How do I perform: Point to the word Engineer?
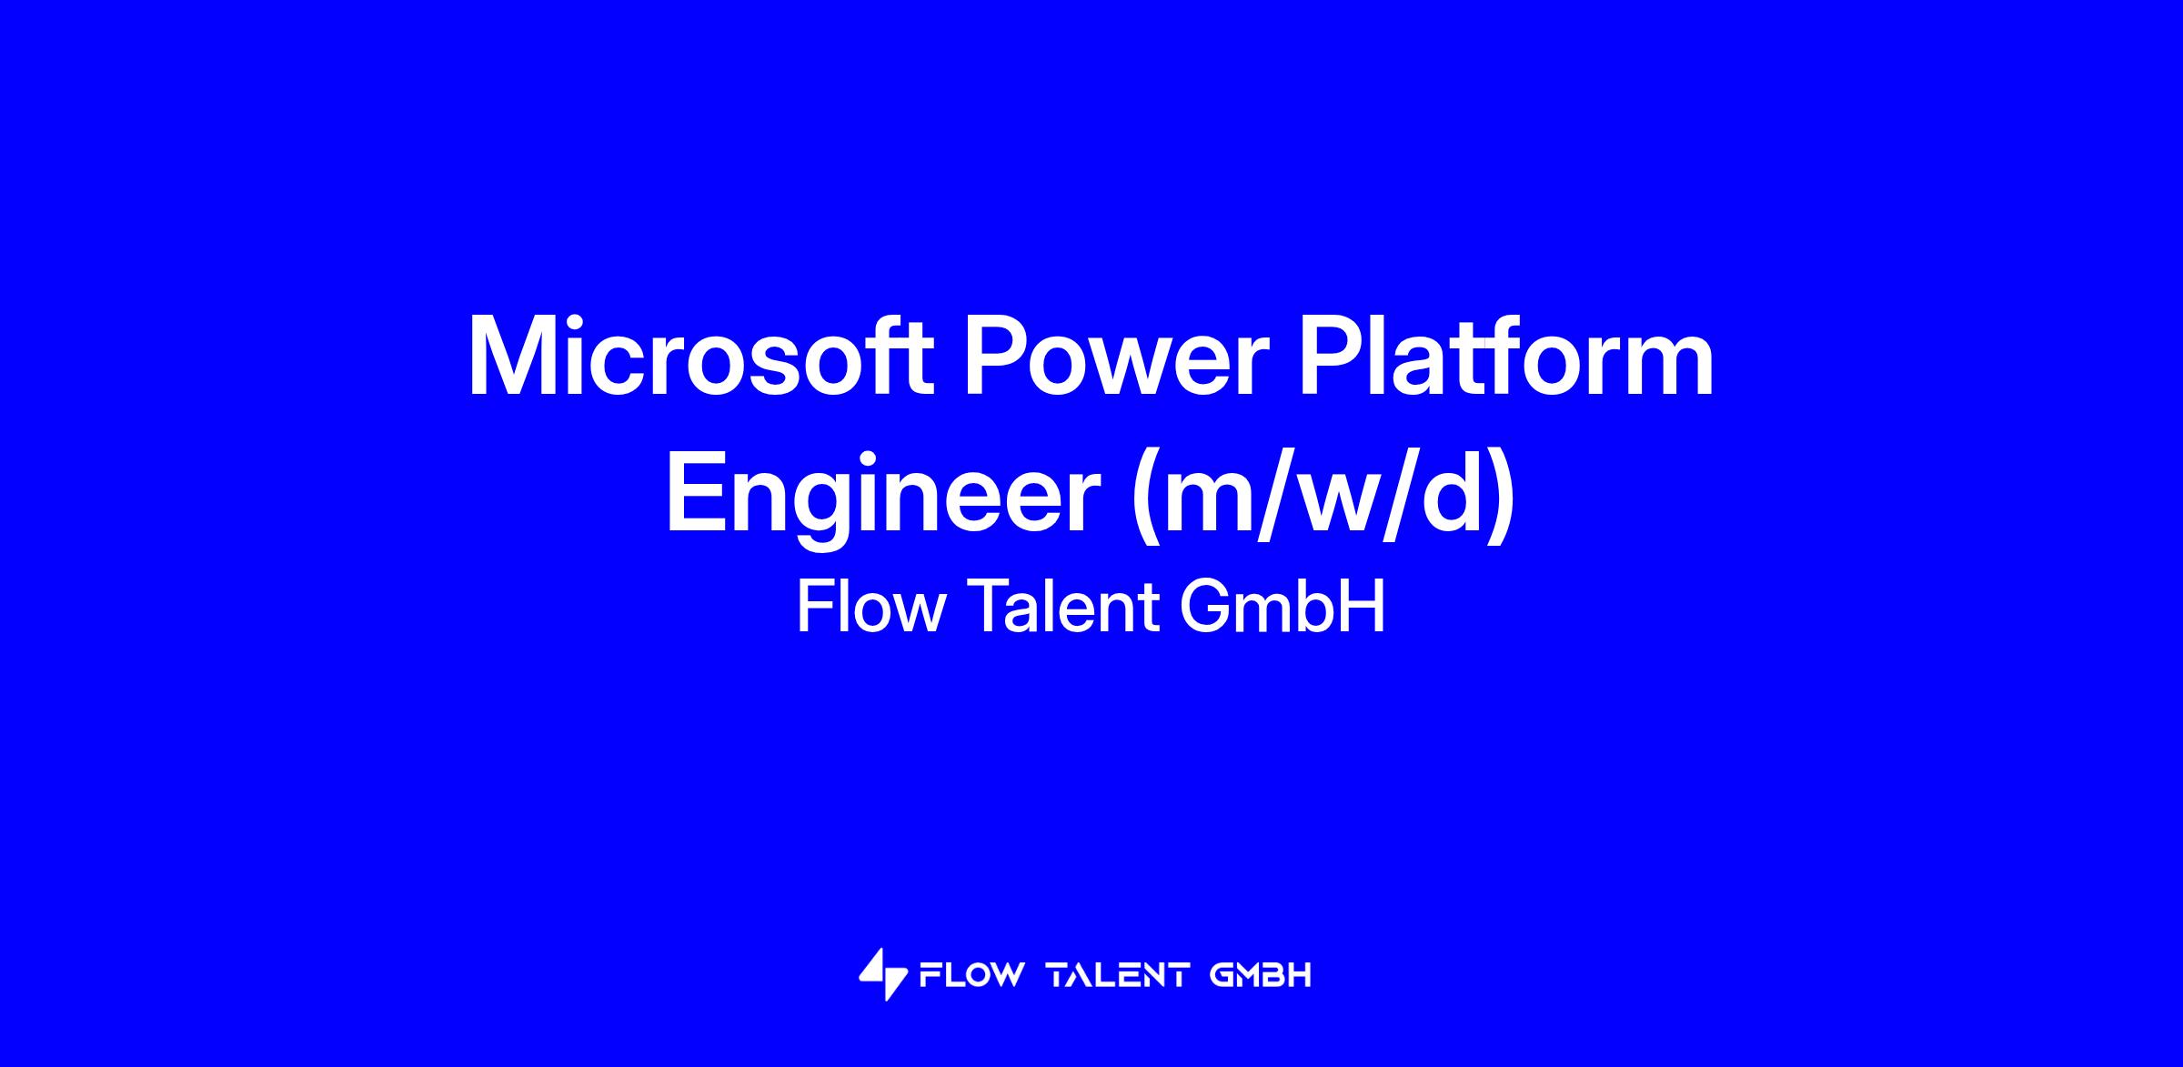(x=883, y=498)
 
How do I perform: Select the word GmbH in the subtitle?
(x=1283, y=607)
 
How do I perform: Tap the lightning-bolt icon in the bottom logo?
(x=883, y=974)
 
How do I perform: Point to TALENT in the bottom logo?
(x=1119, y=976)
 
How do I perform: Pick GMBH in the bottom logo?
(x=1261, y=976)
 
